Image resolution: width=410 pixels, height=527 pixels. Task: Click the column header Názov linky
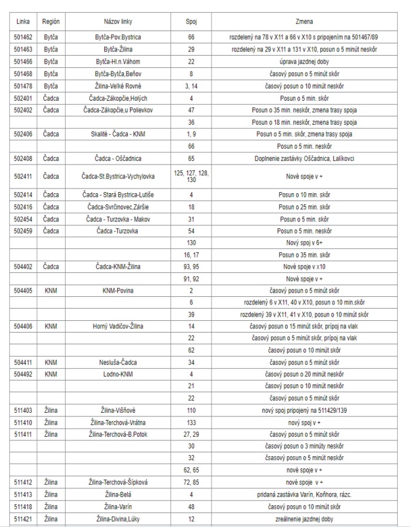click(118, 21)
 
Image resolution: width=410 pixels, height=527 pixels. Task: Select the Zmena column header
click(305, 21)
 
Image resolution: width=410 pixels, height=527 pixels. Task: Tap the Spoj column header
click(191, 21)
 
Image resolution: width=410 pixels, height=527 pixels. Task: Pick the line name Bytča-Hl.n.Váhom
click(118, 61)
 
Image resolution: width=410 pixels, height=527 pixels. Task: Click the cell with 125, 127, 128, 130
click(191, 176)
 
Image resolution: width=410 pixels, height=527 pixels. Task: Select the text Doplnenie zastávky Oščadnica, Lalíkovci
click(305, 158)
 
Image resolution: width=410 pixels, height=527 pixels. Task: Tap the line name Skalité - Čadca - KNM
click(118, 134)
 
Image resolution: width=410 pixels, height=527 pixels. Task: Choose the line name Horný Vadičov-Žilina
click(118, 326)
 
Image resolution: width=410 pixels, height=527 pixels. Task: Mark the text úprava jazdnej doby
click(305, 61)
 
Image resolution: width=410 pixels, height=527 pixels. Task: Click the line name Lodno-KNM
click(118, 374)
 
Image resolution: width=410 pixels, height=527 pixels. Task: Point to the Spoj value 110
click(191, 410)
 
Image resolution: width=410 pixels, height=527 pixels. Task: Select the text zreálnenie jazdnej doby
click(305, 519)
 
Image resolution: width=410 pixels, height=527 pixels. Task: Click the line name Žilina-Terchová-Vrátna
click(118, 422)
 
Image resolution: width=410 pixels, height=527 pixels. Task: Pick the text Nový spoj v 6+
click(305, 242)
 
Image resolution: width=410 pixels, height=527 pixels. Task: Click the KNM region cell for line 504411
click(51, 362)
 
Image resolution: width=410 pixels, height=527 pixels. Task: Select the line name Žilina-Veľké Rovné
click(118, 85)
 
